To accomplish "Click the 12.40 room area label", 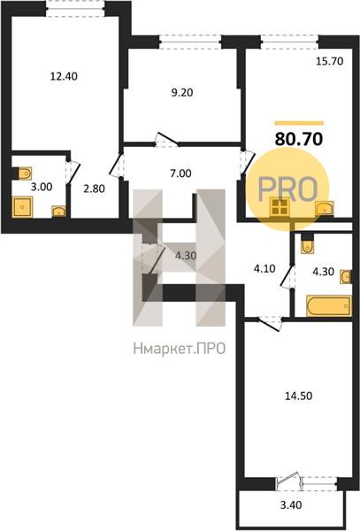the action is [x=64, y=76].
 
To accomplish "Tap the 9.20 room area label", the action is [x=182, y=92].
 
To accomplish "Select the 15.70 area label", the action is [x=330, y=61].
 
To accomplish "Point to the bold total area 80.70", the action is [x=299, y=139].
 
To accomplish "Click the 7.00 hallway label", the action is [x=181, y=173].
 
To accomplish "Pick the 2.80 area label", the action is [x=94, y=189].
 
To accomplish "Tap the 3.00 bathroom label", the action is [x=42, y=187].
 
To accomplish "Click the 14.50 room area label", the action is [x=298, y=396].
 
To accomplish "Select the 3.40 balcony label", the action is [x=291, y=505].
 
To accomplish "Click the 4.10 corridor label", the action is [x=264, y=269].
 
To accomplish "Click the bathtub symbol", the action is [x=328, y=306].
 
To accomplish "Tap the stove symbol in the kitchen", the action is [x=280, y=207].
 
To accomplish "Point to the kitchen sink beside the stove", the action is [x=324, y=208].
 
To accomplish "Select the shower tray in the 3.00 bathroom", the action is [x=23, y=207].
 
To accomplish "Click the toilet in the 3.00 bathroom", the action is [x=24, y=173].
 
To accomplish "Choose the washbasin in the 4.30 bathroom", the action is [x=346, y=277].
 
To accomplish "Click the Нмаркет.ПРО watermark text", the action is [x=180, y=348].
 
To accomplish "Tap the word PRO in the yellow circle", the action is [x=287, y=189].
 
